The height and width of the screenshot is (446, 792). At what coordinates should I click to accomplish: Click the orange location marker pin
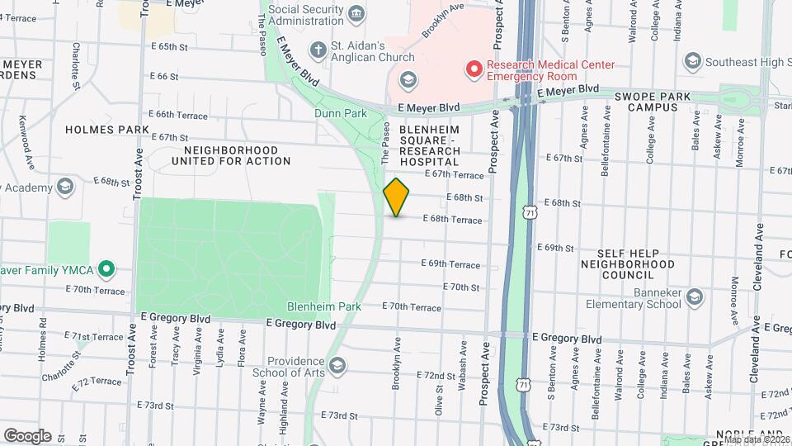pyautogui.click(x=396, y=197)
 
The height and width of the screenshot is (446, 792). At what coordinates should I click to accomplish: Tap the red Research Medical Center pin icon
pyautogui.click(x=474, y=69)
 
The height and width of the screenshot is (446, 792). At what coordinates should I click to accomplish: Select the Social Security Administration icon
pyautogui.click(x=356, y=12)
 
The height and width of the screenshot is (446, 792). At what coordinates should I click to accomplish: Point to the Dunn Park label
pyautogui.click(x=340, y=114)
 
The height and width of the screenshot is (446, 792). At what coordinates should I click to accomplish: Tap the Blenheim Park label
pyautogui.click(x=336, y=306)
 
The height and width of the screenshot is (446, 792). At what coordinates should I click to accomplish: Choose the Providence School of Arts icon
pyautogui.click(x=337, y=365)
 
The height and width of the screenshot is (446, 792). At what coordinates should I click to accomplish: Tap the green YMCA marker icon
pyautogui.click(x=106, y=268)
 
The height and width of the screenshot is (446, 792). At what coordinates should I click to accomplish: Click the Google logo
pyautogui.click(x=27, y=435)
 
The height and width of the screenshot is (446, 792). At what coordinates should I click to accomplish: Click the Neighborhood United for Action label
pyautogui.click(x=237, y=155)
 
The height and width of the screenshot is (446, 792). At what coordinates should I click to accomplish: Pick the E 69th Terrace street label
pyautogui.click(x=450, y=264)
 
